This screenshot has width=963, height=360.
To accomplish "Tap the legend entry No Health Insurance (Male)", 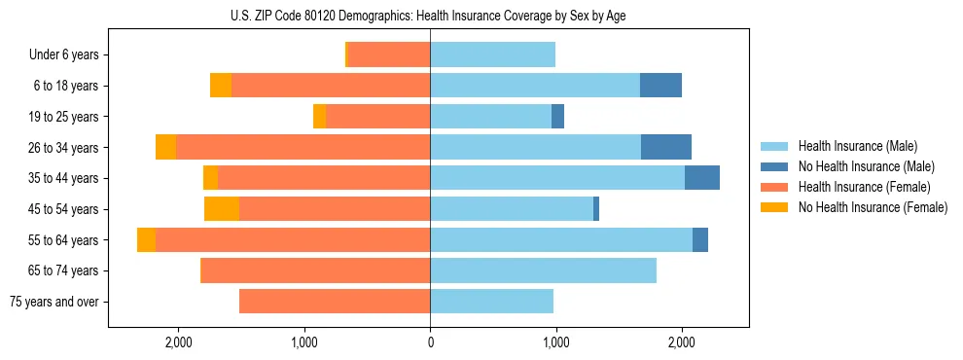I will [866, 166].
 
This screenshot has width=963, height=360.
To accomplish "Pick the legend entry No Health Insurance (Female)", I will [872, 207].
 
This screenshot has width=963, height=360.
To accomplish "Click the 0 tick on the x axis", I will [430, 342].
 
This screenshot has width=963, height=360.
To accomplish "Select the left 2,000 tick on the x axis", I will [179, 342].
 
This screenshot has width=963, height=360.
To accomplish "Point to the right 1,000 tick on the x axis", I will [555, 342].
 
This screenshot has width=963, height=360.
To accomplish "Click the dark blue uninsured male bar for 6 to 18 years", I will [660, 86].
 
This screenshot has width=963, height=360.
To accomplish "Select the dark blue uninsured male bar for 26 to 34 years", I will [666, 147].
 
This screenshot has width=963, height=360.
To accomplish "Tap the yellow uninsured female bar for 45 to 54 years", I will [222, 209].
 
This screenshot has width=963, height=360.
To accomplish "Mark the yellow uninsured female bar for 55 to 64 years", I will [146, 240].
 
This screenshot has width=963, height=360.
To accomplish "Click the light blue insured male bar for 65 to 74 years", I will [543, 270].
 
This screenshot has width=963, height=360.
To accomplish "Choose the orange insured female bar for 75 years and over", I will [335, 302].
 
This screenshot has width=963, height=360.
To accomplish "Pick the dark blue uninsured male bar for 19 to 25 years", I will [557, 117].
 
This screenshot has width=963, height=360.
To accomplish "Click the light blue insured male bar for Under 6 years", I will [492, 55].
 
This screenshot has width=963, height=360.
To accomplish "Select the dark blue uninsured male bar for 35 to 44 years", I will [702, 178].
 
